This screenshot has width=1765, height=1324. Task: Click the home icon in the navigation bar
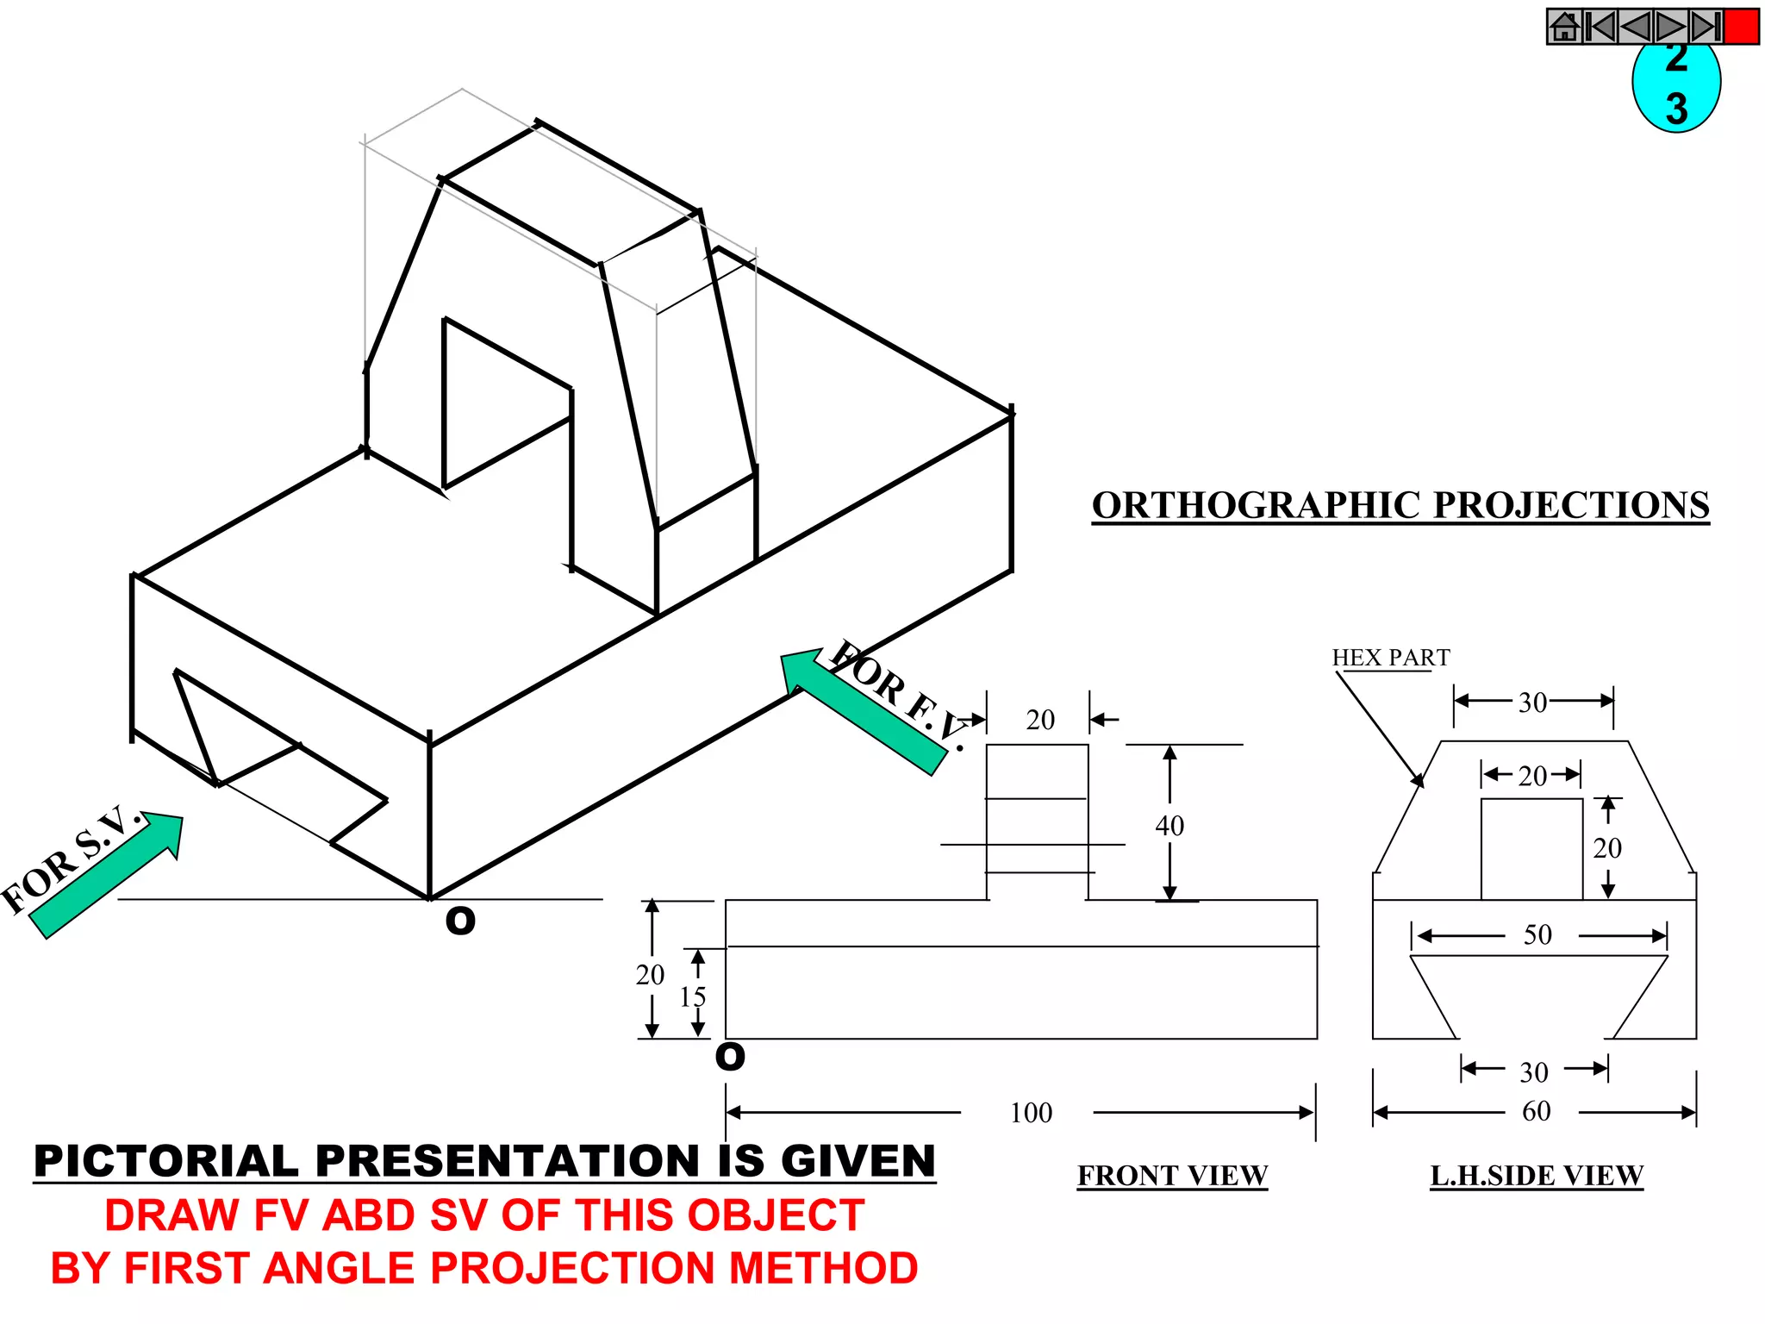click(1565, 27)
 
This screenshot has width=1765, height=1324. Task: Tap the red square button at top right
click(1741, 27)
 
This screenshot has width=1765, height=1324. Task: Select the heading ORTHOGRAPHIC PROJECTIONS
click(1400, 505)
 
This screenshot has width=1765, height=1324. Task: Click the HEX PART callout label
click(1390, 658)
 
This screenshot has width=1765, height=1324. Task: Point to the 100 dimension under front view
click(1031, 1113)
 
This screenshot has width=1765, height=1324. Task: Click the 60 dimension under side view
click(1536, 1111)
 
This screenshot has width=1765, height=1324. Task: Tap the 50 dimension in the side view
click(1537, 935)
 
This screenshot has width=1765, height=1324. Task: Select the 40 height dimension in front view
click(1169, 826)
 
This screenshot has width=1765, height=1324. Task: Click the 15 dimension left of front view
click(692, 997)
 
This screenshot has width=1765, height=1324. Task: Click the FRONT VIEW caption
click(1172, 1176)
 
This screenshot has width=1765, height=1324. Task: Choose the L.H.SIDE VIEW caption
click(1537, 1176)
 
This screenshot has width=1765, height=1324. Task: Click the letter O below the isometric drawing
click(460, 921)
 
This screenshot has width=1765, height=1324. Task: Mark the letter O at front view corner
click(730, 1057)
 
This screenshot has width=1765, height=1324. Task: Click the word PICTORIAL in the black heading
click(167, 1161)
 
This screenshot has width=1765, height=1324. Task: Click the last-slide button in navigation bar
click(1705, 27)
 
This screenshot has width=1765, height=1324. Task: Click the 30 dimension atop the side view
click(1532, 703)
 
